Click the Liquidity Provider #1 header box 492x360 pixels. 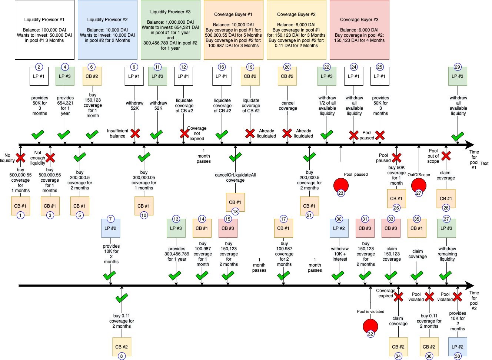(44, 30)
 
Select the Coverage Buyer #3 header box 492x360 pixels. (360, 30)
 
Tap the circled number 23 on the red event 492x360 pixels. (341, 193)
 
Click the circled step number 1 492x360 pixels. (20, 215)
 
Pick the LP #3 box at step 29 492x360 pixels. (458, 76)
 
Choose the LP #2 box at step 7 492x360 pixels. (110, 228)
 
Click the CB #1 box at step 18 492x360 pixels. (235, 202)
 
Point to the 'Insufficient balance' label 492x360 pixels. (117, 133)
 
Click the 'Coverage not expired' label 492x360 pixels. (197, 133)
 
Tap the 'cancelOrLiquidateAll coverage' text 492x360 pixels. (235, 178)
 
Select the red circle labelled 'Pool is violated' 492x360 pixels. (370, 327)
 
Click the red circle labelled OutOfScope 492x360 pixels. (419, 186)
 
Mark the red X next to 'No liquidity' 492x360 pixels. (20, 158)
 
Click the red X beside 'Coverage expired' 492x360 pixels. (398, 297)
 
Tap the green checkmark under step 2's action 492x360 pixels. (38, 135)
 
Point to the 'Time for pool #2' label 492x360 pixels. (474, 301)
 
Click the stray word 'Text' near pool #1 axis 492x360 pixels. (484, 164)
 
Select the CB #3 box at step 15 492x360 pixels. (228, 228)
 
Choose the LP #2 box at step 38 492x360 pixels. (458, 347)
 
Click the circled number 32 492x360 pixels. (370, 334)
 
